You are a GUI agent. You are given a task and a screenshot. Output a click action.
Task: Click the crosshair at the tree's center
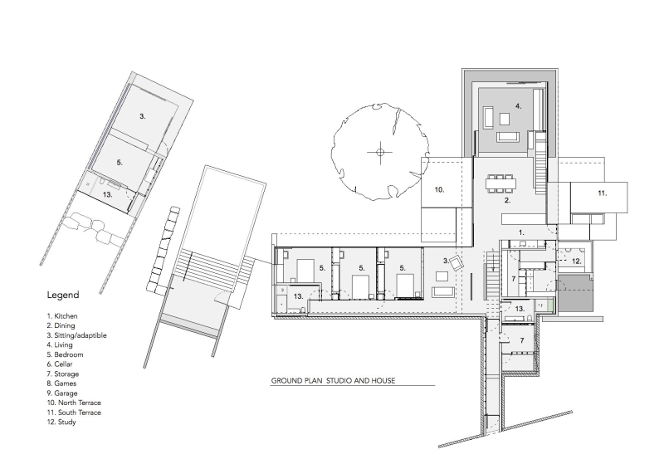click(380, 152)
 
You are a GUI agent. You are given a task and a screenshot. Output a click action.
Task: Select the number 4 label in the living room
click(517, 106)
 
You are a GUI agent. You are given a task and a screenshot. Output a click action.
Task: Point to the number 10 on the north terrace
click(439, 190)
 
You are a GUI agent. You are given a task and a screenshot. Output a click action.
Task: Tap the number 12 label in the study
click(576, 261)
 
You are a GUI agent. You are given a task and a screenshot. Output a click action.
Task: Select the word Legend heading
click(63, 295)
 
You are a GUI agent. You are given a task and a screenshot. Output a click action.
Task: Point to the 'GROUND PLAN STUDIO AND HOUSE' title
click(332, 381)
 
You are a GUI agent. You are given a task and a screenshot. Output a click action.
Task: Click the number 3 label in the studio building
click(143, 117)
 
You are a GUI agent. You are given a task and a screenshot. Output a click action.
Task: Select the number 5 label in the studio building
click(120, 163)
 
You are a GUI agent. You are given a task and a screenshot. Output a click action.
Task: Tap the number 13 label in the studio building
click(107, 194)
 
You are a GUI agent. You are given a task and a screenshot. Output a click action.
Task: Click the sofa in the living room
click(505, 138)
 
